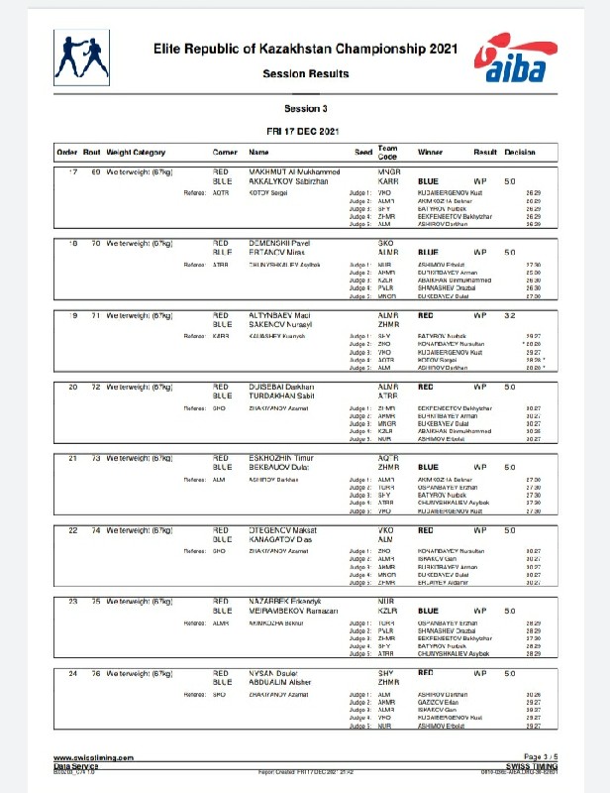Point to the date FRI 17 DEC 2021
click(x=305, y=131)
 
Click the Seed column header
click(x=363, y=153)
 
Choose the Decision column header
click(x=520, y=153)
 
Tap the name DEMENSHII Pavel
click(x=278, y=243)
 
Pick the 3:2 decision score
click(x=509, y=314)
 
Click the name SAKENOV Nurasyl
click(x=280, y=324)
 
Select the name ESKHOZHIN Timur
click(x=279, y=457)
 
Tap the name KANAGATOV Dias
click(x=281, y=539)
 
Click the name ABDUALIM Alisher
click(x=284, y=682)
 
